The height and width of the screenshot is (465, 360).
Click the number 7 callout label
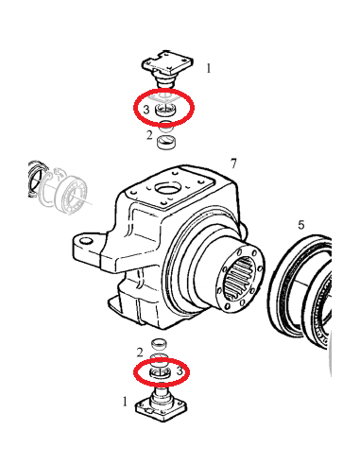(x=233, y=164)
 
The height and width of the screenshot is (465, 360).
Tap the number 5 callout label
(x=301, y=225)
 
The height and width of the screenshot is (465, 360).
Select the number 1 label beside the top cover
(x=209, y=68)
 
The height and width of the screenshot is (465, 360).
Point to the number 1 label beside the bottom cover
(x=125, y=402)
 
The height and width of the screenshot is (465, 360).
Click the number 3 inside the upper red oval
(x=146, y=110)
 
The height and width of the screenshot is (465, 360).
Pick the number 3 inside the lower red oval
(x=180, y=371)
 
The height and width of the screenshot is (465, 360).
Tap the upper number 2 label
(x=149, y=135)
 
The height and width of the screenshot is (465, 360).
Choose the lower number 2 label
(x=140, y=353)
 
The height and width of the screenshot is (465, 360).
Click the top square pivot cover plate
(x=166, y=62)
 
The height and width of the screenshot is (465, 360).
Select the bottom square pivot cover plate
(x=161, y=410)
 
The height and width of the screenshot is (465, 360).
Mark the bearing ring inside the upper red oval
(x=165, y=110)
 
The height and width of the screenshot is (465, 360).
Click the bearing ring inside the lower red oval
(x=161, y=372)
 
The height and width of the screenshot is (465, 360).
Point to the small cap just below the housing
(x=160, y=344)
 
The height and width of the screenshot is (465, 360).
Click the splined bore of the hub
(x=239, y=277)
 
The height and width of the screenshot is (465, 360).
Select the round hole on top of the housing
(x=167, y=190)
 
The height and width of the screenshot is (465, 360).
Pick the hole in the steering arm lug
(x=85, y=242)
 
